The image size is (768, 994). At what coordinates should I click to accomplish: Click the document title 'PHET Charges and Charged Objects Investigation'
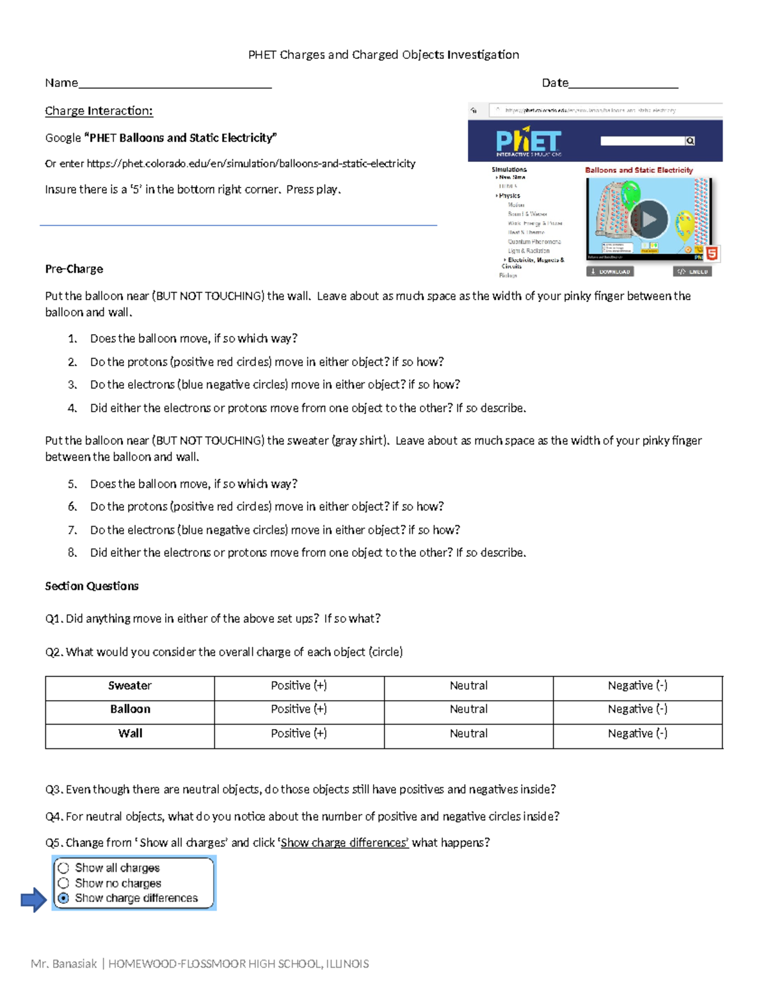click(x=383, y=55)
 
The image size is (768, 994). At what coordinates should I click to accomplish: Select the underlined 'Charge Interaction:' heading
click(x=99, y=111)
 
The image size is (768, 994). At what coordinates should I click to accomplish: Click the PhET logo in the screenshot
click(x=528, y=141)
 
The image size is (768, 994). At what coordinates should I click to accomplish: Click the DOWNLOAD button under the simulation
click(x=610, y=271)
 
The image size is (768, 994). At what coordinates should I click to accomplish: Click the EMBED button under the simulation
click(x=692, y=271)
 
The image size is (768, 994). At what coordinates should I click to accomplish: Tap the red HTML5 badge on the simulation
click(x=711, y=253)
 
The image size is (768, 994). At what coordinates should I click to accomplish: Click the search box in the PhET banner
click(x=643, y=141)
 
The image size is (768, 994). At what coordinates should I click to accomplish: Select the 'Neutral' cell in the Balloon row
click(x=468, y=709)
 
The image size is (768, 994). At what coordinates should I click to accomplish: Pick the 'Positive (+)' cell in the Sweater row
click(x=299, y=685)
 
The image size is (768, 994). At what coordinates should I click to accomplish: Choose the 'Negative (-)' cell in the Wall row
click(x=637, y=733)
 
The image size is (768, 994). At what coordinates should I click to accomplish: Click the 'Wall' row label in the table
click(x=130, y=733)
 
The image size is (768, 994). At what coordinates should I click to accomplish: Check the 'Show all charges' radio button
click(x=63, y=868)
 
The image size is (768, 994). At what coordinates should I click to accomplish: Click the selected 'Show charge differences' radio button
click(x=63, y=899)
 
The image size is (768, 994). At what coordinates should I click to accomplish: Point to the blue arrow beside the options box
click(x=33, y=900)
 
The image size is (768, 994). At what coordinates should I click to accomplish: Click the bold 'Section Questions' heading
click(x=92, y=586)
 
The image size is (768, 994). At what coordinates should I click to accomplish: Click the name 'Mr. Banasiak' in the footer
click(x=64, y=964)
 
